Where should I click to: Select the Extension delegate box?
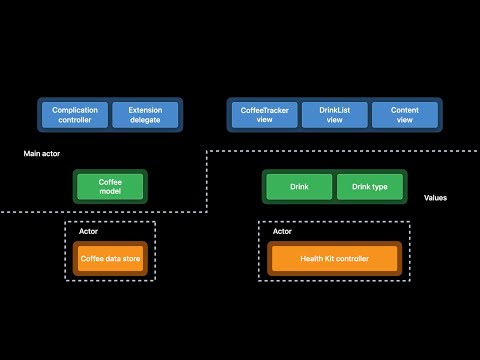point(145,114)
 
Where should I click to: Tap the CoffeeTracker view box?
point(264,114)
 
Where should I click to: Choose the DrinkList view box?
point(335,114)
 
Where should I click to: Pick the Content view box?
point(404,114)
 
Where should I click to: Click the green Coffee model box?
point(110,187)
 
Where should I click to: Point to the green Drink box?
point(298,187)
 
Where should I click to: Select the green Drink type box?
point(369,187)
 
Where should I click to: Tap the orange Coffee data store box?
point(110,259)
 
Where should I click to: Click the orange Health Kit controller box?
point(334,259)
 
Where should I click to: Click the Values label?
point(435,198)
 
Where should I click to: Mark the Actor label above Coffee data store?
point(88,231)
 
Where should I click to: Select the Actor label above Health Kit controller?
point(282,231)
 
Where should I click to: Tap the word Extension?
point(145,108)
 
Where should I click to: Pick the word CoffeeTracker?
point(264,108)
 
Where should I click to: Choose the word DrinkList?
point(335,108)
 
